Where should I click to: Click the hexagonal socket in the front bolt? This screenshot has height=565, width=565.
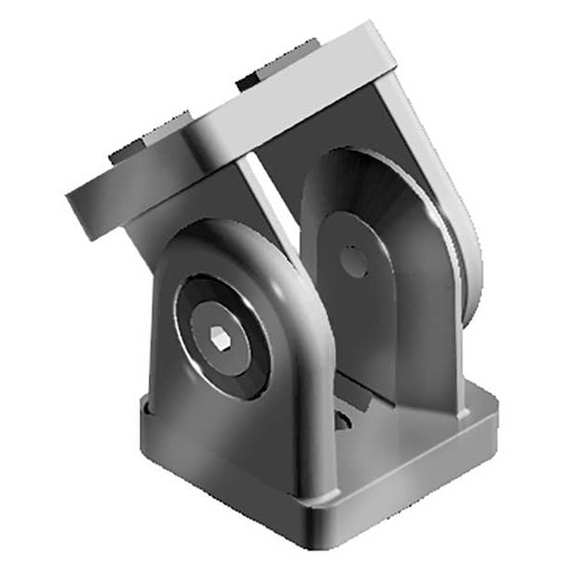click(x=218, y=337)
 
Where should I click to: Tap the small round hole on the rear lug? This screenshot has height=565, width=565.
click(x=353, y=261)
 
